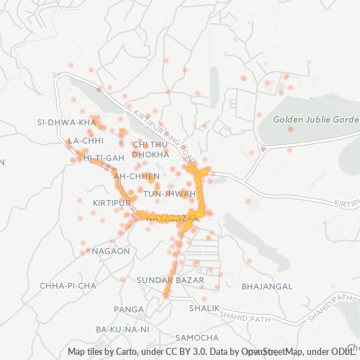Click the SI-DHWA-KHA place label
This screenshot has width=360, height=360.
(66, 122)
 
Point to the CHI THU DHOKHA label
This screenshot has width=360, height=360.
(150, 149)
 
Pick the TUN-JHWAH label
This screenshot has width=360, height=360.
(169, 194)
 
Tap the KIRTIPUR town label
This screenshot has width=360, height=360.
(112, 203)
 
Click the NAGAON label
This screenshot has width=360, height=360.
(111, 251)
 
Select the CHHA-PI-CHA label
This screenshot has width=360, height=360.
(68, 286)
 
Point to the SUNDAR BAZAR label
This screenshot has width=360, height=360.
(170, 279)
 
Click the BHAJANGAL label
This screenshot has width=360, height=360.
(267, 286)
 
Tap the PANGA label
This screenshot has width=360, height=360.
(129, 309)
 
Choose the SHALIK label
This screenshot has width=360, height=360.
(204, 308)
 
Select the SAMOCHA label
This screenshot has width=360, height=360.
(197, 338)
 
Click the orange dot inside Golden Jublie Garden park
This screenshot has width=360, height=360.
(291, 130)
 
